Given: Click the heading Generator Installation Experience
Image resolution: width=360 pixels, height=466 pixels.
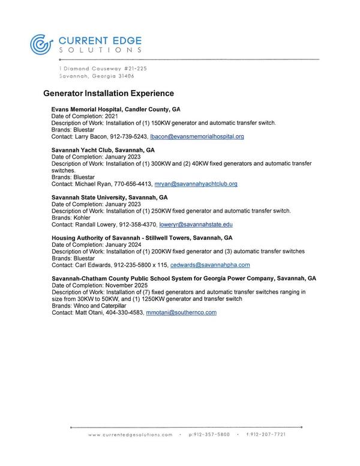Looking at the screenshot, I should click(x=109, y=94).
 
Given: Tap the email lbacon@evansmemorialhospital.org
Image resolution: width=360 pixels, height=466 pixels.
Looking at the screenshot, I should click(x=197, y=137).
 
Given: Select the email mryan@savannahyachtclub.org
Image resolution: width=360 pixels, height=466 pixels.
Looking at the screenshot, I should click(x=196, y=184).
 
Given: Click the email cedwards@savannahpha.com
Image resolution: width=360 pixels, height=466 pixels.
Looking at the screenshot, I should click(x=210, y=265).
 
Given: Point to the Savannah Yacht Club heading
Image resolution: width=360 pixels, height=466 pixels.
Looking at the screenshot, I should click(x=103, y=150).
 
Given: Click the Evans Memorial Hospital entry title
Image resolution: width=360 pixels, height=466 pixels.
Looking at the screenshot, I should click(x=116, y=110).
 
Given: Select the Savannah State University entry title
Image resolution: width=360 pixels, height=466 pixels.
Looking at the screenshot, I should click(x=110, y=197).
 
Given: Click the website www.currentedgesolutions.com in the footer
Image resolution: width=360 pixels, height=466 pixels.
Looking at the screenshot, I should click(x=130, y=434).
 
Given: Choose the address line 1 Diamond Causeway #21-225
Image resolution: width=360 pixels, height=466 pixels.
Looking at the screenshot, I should click(x=103, y=69).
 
